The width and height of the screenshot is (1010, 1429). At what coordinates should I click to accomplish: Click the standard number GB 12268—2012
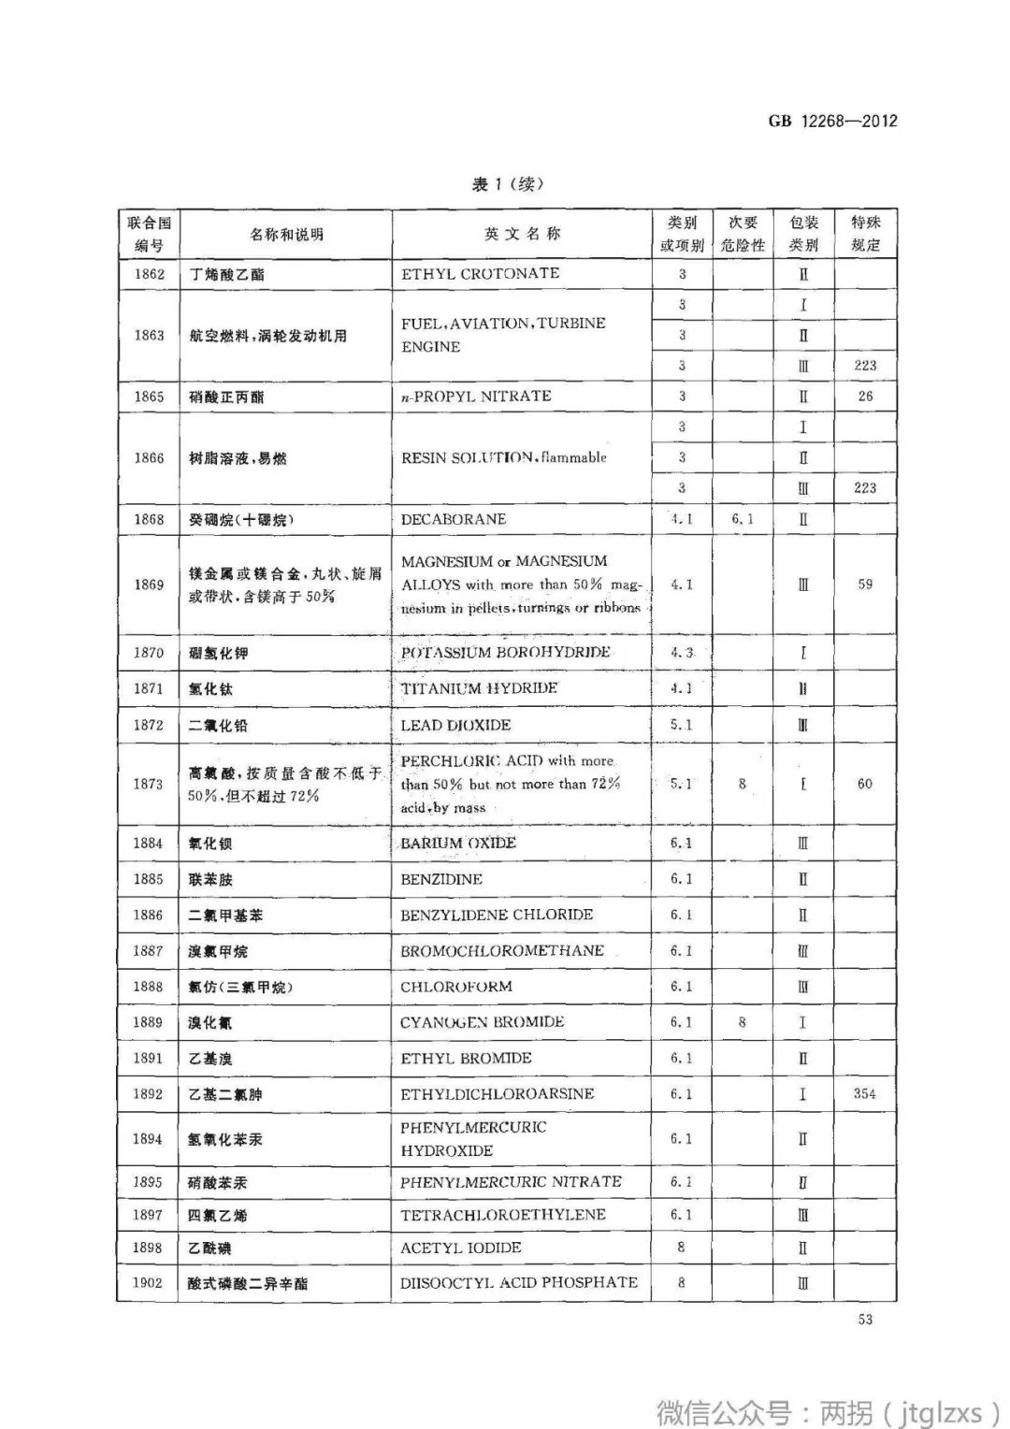(832, 121)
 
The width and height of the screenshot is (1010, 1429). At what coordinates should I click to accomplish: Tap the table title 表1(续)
(508, 184)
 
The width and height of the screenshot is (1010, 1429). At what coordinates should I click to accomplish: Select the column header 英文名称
(522, 234)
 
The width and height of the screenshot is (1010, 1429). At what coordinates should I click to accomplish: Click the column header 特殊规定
(865, 234)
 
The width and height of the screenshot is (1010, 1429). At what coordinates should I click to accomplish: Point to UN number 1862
(149, 274)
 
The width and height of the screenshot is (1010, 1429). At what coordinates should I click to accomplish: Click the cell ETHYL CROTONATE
(480, 273)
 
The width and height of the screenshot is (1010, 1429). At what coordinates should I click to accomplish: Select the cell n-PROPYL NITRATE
(476, 396)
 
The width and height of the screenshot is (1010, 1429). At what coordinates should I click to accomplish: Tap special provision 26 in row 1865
(865, 396)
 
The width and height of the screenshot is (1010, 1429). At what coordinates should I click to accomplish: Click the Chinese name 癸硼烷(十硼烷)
(241, 519)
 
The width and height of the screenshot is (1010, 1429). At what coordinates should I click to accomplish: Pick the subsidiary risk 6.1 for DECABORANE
(743, 518)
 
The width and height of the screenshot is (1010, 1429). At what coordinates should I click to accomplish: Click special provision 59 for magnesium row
(865, 584)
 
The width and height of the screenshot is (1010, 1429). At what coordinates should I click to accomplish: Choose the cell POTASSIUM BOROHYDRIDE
(505, 652)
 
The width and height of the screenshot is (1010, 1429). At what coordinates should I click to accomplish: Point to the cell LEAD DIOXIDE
(455, 725)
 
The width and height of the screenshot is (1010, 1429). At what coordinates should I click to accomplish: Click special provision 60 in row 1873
(865, 784)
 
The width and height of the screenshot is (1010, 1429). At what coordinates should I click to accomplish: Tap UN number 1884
(148, 843)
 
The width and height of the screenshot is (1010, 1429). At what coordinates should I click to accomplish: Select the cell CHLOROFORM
(456, 987)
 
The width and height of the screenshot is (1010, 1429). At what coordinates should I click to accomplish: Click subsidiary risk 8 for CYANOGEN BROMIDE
(743, 1022)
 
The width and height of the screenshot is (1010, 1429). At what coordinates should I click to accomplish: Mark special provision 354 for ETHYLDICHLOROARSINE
(865, 1093)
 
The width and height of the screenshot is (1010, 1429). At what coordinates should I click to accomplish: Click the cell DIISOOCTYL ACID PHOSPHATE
(519, 1282)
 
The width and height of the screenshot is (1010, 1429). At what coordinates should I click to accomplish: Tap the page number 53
(864, 1320)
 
